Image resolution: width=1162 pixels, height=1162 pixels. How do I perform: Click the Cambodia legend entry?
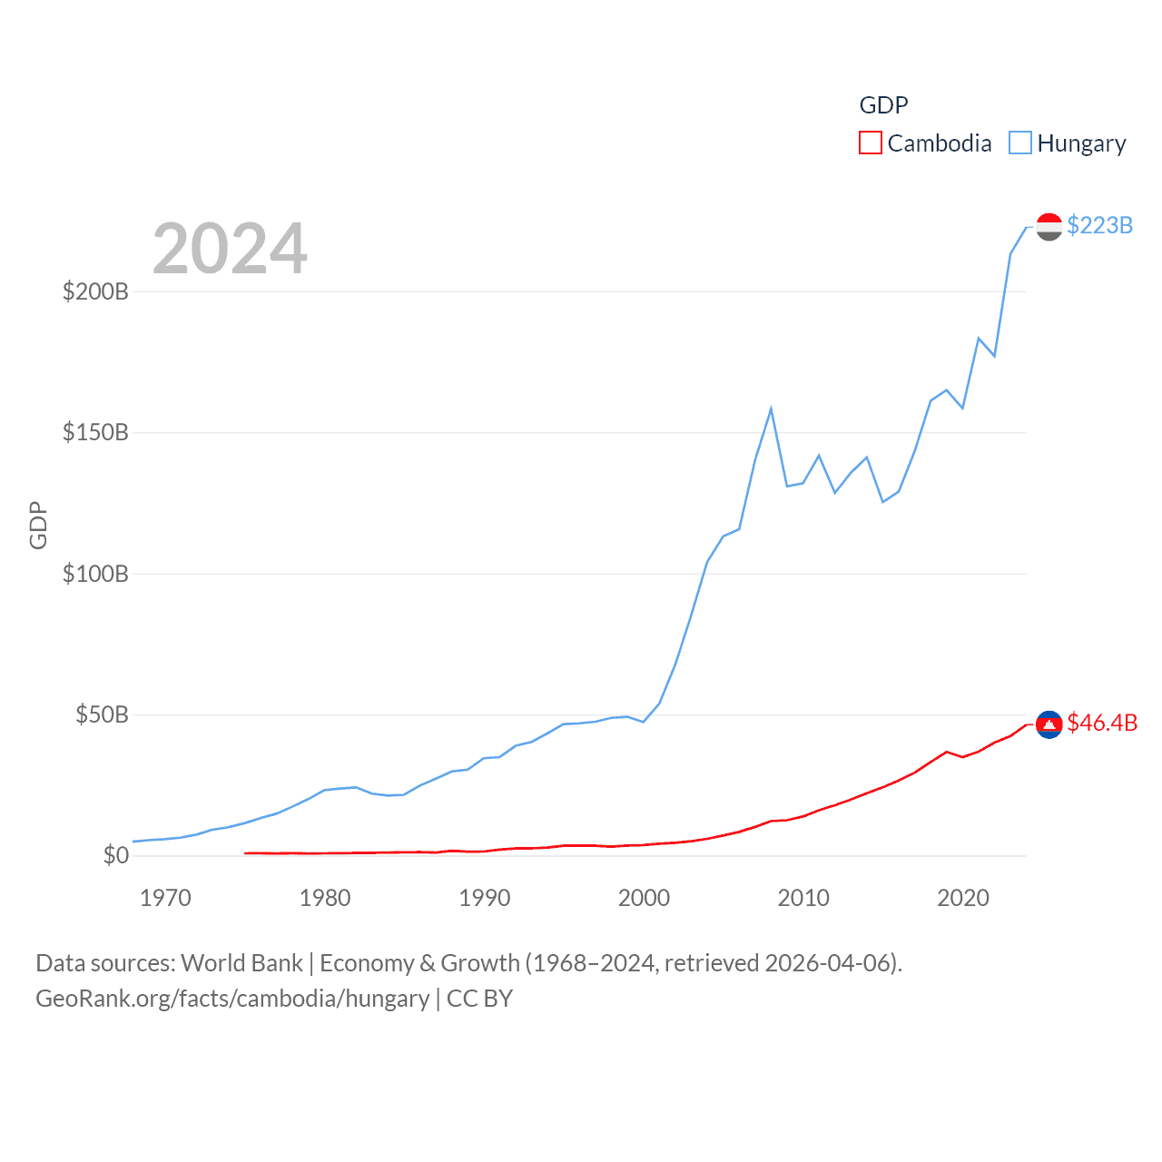pyautogui.click(x=925, y=143)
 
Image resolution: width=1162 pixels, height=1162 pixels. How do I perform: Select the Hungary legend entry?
pyautogui.click(x=1068, y=143)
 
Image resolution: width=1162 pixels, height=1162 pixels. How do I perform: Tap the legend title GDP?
pyautogui.click(x=883, y=105)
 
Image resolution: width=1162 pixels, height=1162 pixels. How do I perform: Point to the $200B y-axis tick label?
pyautogui.click(x=95, y=291)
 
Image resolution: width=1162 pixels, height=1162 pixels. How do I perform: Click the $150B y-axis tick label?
pyautogui.click(x=95, y=432)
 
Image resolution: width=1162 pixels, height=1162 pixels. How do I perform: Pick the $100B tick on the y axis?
pyautogui.click(x=95, y=574)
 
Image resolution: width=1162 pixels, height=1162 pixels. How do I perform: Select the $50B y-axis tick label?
pyautogui.click(x=102, y=714)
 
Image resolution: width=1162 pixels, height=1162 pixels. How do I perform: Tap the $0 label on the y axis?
pyautogui.click(x=115, y=855)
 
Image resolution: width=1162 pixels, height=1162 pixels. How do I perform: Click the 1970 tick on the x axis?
pyautogui.click(x=165, y=898)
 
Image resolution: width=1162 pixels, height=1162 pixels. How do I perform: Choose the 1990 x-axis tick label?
pyautogui.click(x=485, y=898)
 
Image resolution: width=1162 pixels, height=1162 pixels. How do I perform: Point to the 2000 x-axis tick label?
pyautogui.click(x=644, y=898)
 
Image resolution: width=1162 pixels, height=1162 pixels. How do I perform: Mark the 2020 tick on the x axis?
pyautogui.click(x=962, y=898)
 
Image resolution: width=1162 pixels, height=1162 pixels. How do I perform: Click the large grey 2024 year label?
pyautogui.click(x=230, y=249)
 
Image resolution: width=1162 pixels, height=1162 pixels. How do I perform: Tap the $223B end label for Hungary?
pyautogui.click(x=1099, y=225)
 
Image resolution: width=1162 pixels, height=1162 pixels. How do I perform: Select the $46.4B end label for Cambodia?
pyautogui.click(x=1102, y=723)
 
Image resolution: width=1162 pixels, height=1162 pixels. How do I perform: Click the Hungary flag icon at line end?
pyautogui.click(x=1049, y=227)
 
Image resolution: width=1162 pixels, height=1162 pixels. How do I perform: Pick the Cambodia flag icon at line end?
pyautogui.click(x=1049, y=724)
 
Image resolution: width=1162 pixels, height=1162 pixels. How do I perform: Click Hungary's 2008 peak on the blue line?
pyautogui.click(x=771, y=409)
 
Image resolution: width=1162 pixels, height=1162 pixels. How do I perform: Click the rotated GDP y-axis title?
pyautogui.click(x=38, y=525)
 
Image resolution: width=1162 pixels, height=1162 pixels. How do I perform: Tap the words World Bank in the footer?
pyautogui.click(x=241, y=962)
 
